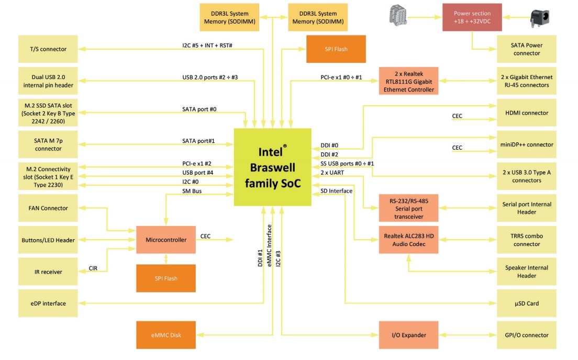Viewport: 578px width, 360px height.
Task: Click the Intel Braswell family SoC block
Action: pyautogui.click(x=272, y=167)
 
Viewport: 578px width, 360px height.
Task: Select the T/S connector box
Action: pyautogui.click(x=48, y=49)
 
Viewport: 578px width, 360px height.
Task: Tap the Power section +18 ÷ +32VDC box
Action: pyautogui.click(x=472, y=17)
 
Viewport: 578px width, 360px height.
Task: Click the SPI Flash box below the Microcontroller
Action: pyautogui.click(x=165, y=278)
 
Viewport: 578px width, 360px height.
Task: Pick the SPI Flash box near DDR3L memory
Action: pyautogui.click(x=336, y=49)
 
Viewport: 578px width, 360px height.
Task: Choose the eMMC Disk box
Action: pyautogui.click(x=165, y=335)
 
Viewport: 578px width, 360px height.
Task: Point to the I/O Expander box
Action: pyautogui.click(x=409, y=335)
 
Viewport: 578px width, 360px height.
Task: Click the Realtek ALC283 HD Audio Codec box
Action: pyautogui.click(x=409, y=240)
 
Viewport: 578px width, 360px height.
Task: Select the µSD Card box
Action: pyautogui.click(x=526, y=303)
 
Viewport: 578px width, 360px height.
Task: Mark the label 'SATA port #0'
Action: pyautogui.click(x=199, y=109)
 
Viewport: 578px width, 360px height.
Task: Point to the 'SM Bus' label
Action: pyautogui.click(x=192, y=192)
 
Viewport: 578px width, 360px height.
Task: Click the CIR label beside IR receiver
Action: pyautogui.click(x=93, y=268)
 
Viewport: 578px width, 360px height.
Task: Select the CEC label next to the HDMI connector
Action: pyautogui.click(x=457, y=116)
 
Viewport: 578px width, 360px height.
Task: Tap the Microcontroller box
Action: pyautogui.click(x=165, y=240)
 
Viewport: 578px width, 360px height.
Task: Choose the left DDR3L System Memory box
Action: pyautogui.click(x=229, y=17)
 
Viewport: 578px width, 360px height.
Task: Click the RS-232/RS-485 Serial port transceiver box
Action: pyautogui.click(x=409, y=208)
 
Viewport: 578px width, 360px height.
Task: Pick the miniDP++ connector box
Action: pyautogui.click(x=526, y=145)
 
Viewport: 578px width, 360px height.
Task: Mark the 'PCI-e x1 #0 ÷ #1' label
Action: pyautogui.click(x=341, y=77)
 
